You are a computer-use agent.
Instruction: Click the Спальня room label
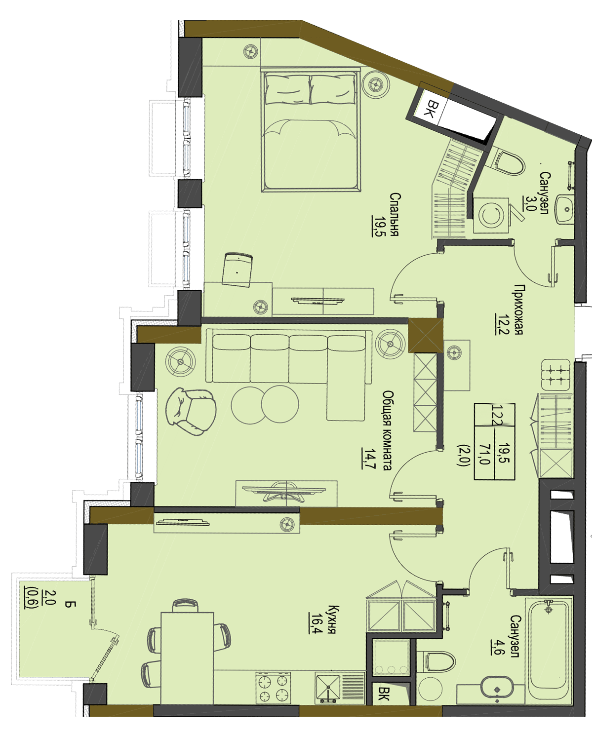click(395, 214)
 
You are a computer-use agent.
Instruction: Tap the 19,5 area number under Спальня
click(378, 226)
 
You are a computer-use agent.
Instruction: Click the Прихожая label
click(518, 309)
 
